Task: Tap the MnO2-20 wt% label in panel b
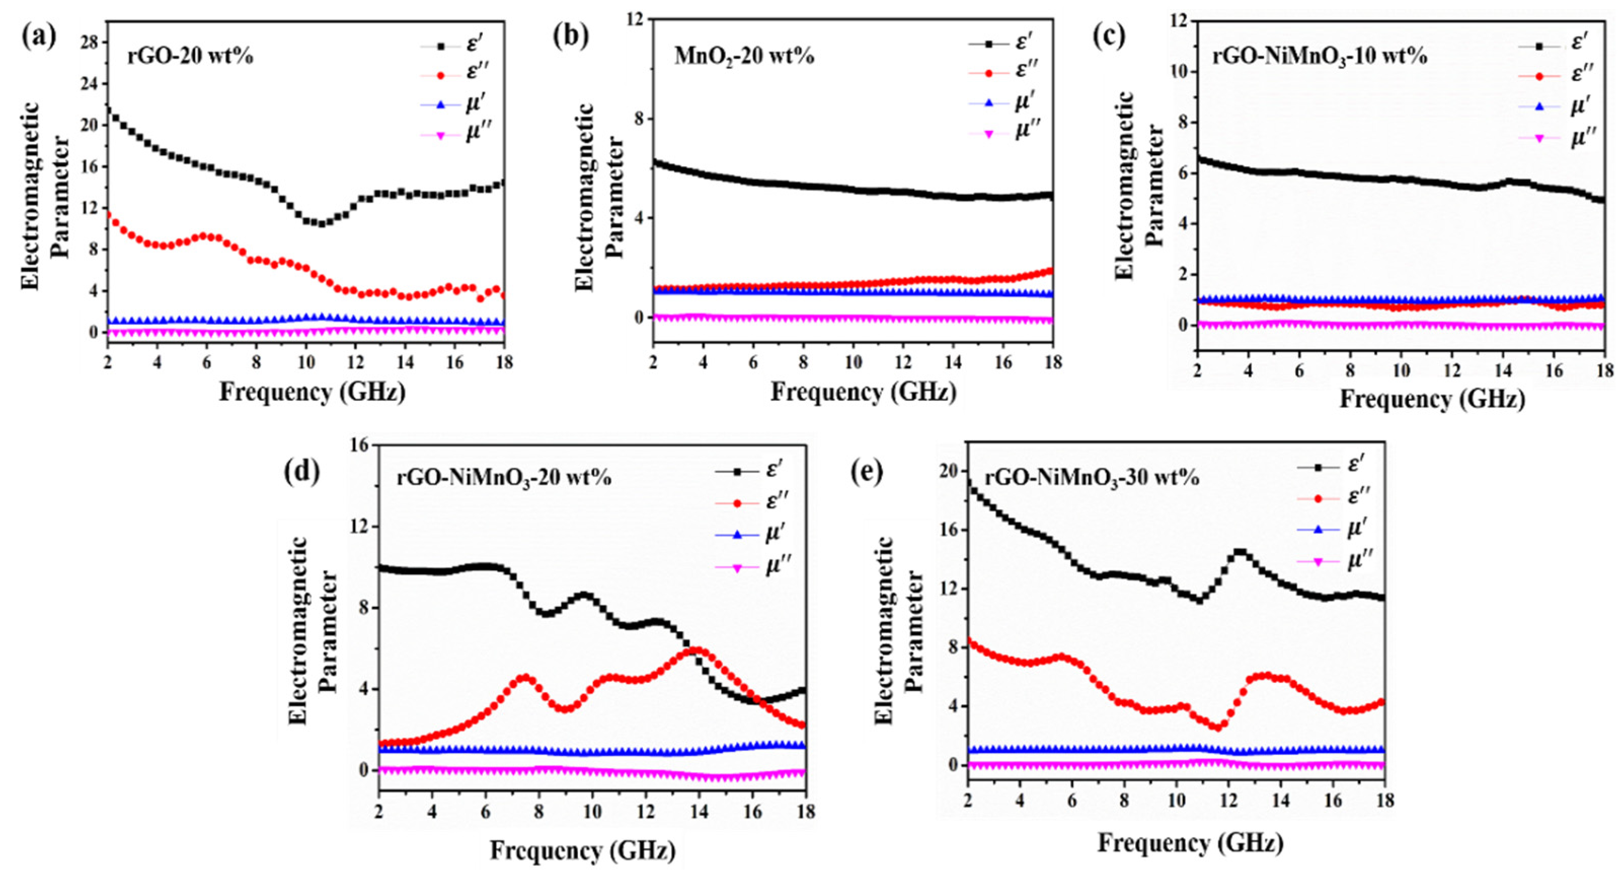pyautogui.click(x=744, y=57)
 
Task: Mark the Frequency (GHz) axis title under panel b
pyautogui.click(x=863, y=392)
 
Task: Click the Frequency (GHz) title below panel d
pyautogui.click(x=583, y=851)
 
